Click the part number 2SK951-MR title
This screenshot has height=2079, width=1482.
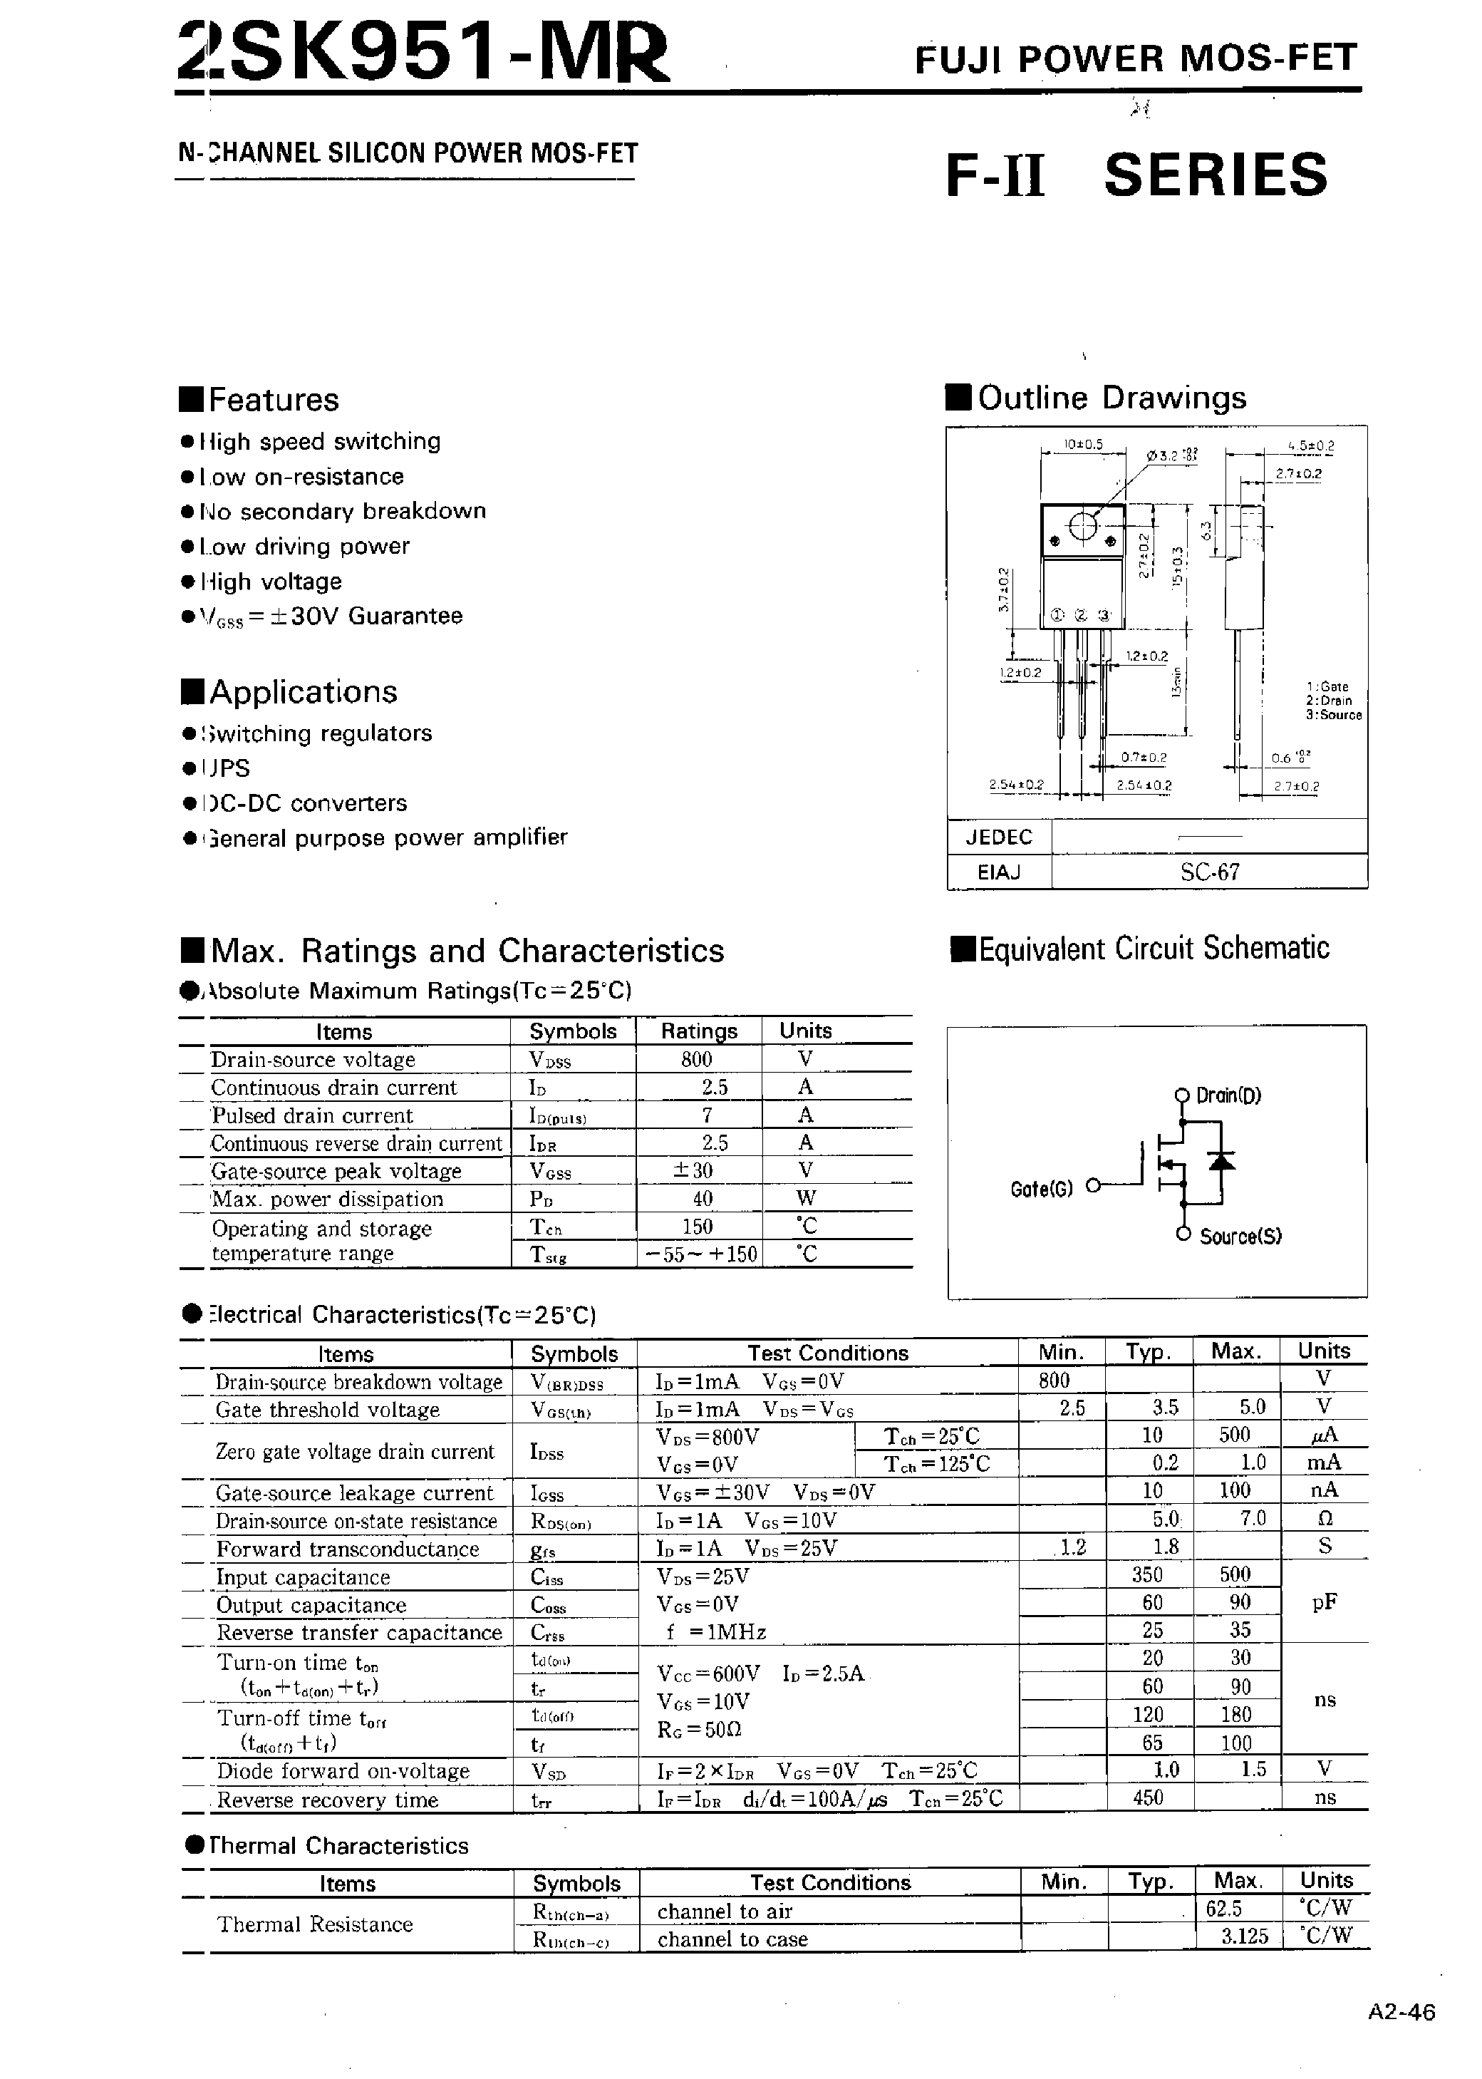point(423,53)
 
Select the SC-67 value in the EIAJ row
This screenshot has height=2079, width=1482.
point(1209,872)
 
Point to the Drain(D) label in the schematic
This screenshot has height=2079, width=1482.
point(1228,1096)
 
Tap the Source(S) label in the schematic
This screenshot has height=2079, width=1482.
point(1240,1237)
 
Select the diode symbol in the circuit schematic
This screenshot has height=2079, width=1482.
point(1222,1161)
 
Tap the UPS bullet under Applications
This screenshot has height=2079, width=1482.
point(225,768)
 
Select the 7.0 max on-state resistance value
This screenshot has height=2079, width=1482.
point(1253,1519)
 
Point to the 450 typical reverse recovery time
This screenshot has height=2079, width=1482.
point(1147,1798)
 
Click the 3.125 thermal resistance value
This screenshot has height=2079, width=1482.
point(1245,1936)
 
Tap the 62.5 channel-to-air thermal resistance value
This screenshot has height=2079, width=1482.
point(1224,1909)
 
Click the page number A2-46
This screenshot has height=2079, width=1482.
point(1401,2013)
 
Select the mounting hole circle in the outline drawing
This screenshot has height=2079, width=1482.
point(1082,527)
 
